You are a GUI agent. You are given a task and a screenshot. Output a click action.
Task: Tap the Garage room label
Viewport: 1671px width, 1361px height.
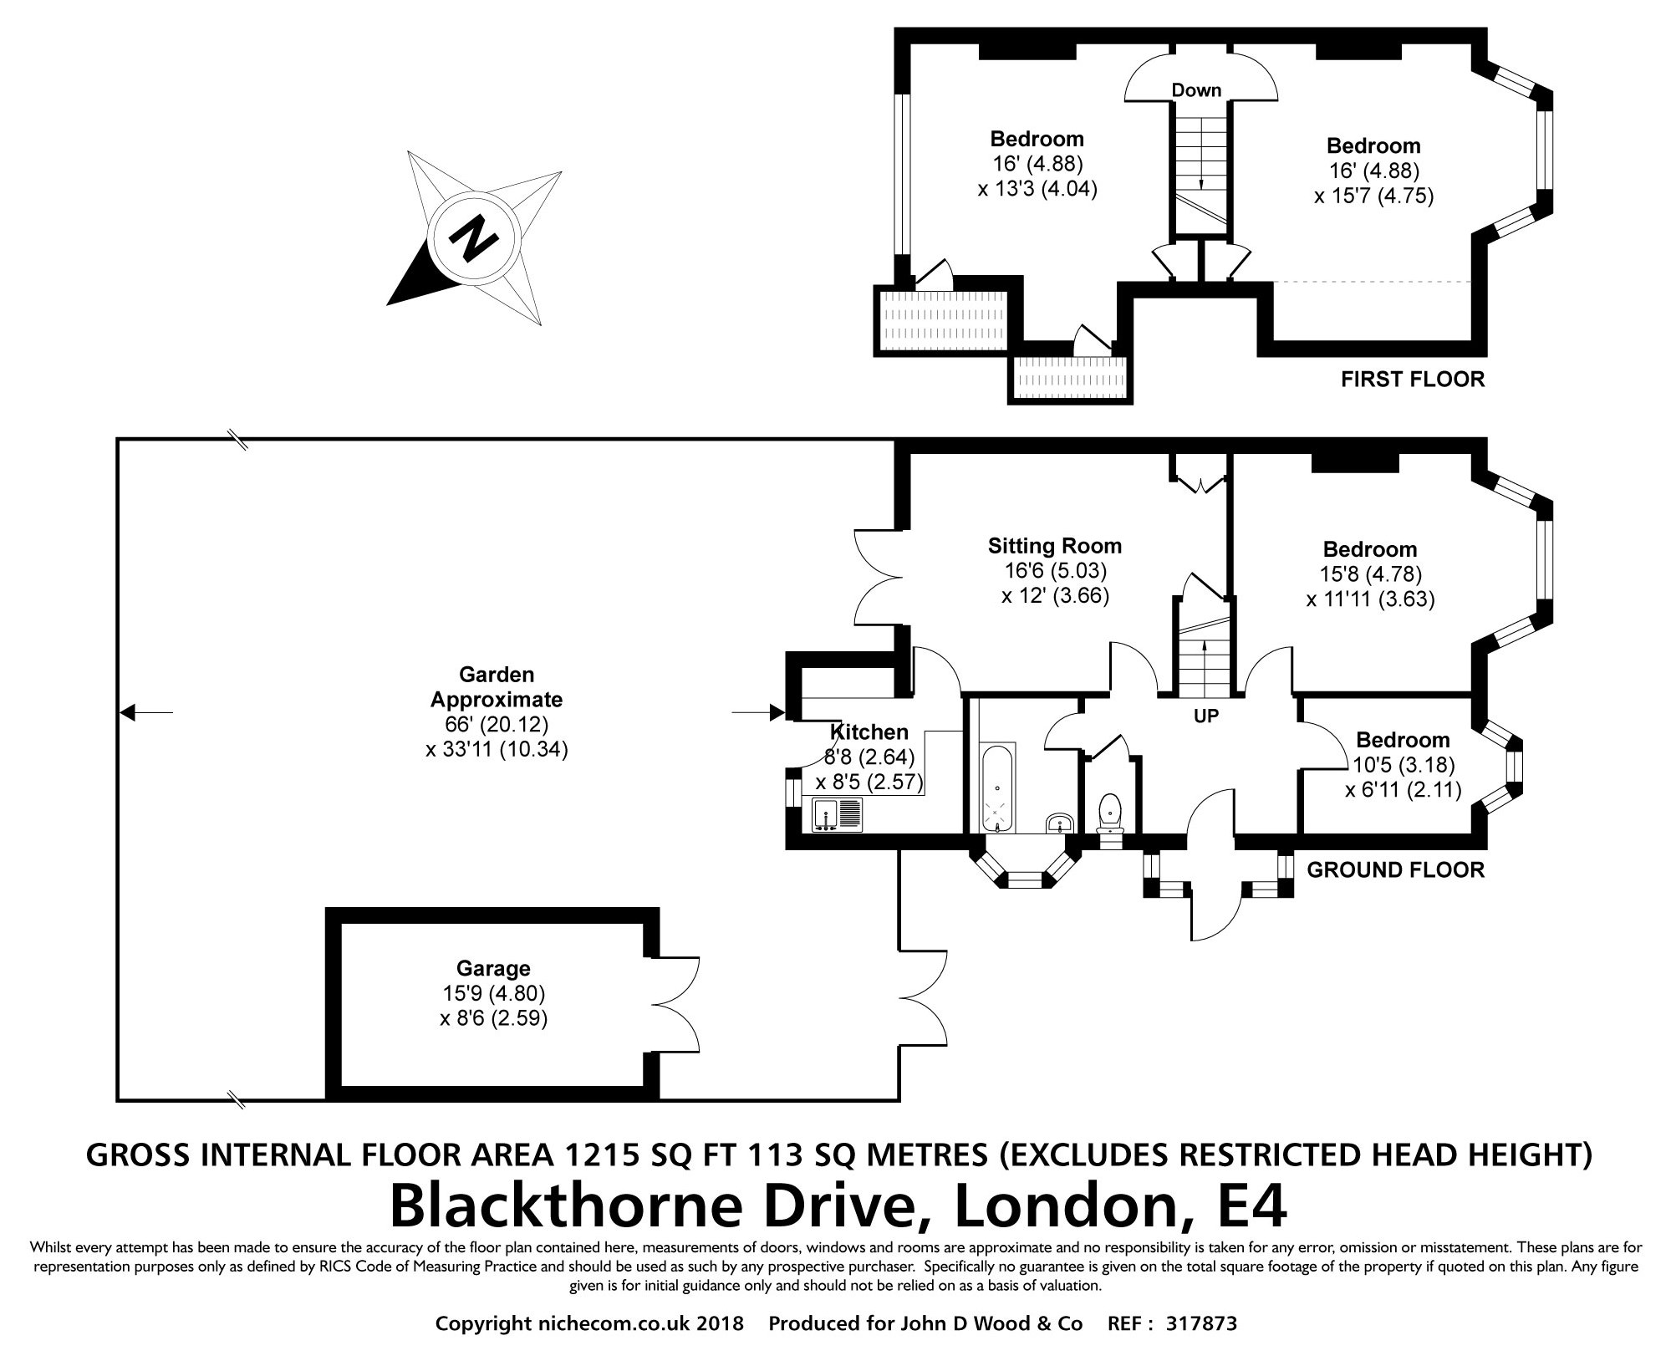click(x=493, y=969)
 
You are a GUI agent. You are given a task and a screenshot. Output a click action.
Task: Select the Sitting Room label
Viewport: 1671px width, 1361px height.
click(x=1055, y=546)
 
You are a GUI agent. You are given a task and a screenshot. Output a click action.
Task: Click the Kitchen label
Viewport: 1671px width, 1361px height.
click(x=869, y=732)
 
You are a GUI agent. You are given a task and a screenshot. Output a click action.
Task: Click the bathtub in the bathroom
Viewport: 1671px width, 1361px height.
click(x=998, y=789)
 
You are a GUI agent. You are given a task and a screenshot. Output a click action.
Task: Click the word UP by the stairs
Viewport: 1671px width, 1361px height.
click(x=1206, y=716)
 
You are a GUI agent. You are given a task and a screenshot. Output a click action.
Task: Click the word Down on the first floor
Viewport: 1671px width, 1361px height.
click(x=1196, y=90)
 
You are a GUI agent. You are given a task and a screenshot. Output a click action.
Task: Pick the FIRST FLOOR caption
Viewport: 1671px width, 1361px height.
click(x=1413, y=380)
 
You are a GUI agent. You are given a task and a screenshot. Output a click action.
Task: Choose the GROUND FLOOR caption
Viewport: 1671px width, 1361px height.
click(x=1395, y=870)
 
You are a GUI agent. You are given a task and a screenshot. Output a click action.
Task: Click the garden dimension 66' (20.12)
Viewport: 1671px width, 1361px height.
click(x=497, y=724)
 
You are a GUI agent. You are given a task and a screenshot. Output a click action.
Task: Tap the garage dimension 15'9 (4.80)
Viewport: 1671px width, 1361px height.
click(x=494, y=994)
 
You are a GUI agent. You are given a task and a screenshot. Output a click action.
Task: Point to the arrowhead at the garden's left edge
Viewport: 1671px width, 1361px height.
click(x=127, y=712)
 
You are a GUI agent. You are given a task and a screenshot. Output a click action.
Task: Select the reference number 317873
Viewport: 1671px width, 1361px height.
click(x=1201, y=1323)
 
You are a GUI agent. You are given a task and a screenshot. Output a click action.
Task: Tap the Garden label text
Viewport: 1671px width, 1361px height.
click(x=497, y=674)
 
